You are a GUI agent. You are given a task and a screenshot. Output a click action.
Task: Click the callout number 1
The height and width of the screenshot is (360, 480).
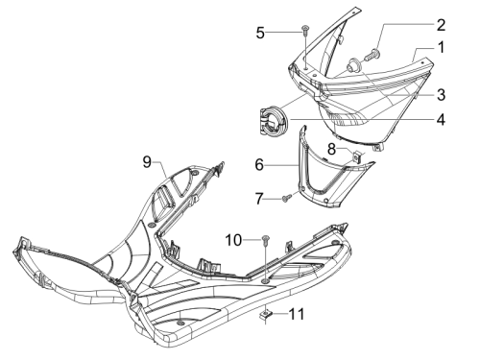441,47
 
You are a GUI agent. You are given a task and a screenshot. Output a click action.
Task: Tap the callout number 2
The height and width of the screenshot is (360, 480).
441,25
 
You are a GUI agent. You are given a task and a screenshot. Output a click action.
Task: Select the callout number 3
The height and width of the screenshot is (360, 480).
442,95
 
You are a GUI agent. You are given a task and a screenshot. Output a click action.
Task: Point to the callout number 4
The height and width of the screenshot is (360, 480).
441,119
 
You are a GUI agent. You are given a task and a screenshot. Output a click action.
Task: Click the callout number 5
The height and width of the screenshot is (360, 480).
260,33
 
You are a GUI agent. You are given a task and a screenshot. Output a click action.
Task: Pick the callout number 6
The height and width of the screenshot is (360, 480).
259,165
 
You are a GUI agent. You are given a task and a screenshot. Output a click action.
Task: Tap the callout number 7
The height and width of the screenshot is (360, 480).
259,199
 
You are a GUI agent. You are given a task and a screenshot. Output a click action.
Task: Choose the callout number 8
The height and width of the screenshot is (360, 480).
331,149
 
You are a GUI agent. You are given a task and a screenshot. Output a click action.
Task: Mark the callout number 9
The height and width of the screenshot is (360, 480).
147,162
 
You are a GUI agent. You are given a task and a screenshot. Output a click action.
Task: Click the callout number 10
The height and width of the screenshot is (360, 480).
233,240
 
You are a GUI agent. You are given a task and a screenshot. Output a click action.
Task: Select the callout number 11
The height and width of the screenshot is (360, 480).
297,314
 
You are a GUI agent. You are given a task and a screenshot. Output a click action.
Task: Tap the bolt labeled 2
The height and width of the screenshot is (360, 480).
372,56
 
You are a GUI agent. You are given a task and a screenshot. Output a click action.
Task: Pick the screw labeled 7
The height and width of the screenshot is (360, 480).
286,198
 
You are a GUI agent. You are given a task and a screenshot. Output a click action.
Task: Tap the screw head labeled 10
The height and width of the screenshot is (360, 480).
266,239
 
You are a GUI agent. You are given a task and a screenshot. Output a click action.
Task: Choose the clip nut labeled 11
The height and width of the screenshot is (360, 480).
266,315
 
